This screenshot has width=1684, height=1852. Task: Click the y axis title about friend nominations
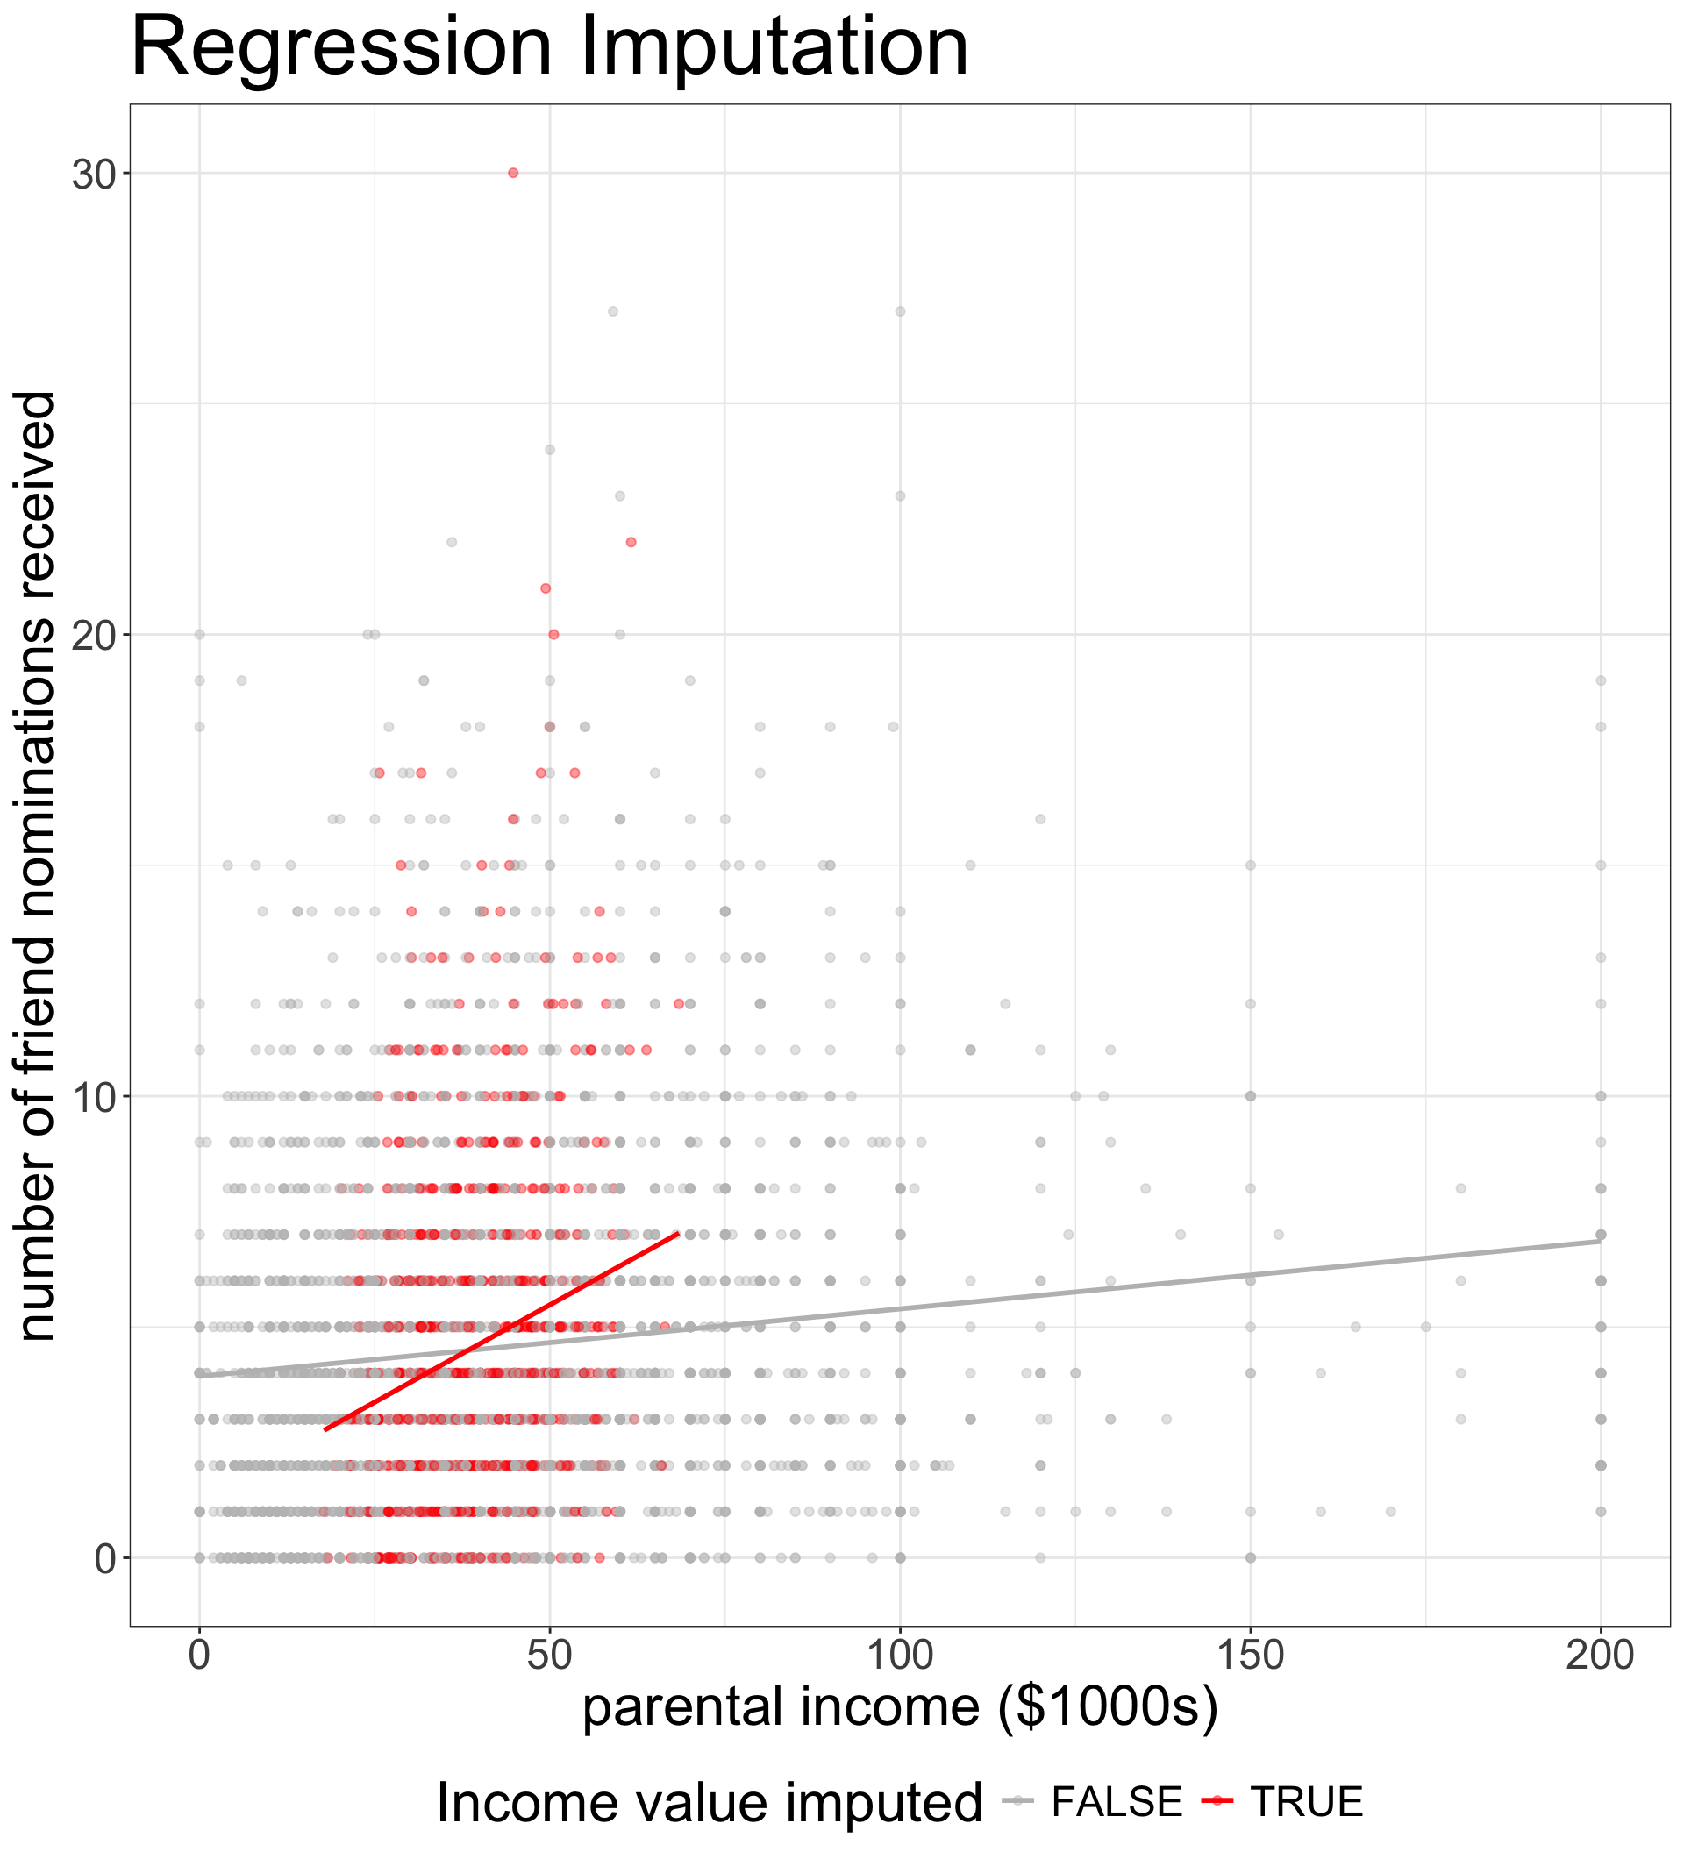tap(39, 866)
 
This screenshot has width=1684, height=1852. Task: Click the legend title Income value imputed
tap(709, 1803)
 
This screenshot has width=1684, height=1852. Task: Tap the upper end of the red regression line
tap(677, 1233)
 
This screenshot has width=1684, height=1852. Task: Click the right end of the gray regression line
tap(1601, 1241)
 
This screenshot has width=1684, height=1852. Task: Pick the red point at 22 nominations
tap(631, 542)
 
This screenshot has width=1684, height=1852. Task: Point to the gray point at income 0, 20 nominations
tap(199, 634)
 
